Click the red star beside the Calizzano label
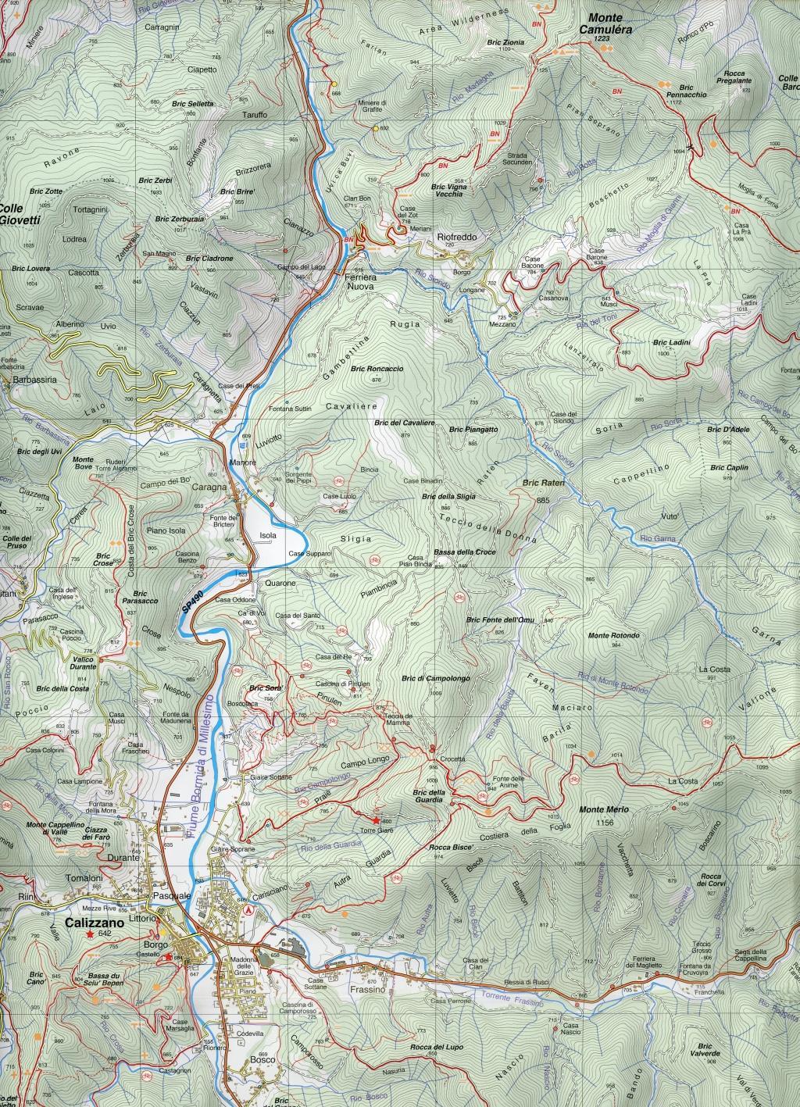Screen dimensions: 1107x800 [91, 934]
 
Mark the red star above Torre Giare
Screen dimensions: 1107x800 [376, 820]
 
